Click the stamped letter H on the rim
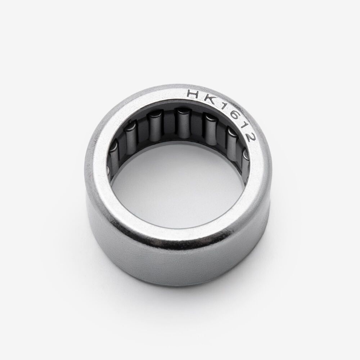tap(194, 94)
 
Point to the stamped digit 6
tap(230, 116)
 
